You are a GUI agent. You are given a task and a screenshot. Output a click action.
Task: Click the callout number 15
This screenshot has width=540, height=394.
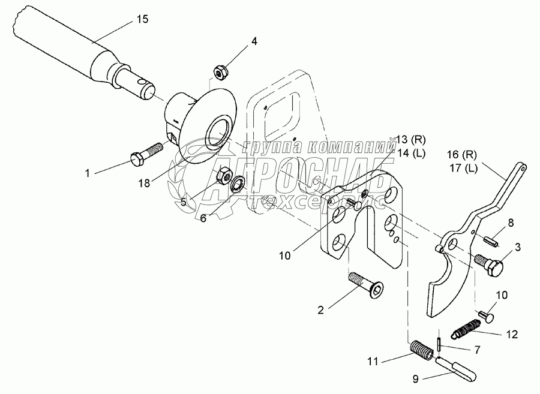(142, 19)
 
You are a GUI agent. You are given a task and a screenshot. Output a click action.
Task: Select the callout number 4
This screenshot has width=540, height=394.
(254, 41)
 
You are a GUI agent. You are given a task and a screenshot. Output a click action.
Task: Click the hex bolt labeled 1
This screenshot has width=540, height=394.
(145, 154)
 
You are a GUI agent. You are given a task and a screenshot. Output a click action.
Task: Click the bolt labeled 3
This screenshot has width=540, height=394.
(488, 264)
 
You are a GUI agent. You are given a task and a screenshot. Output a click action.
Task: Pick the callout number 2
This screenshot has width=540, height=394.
(321, 310)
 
